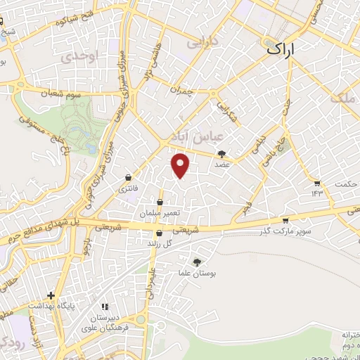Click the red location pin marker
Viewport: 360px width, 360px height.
[181, 165]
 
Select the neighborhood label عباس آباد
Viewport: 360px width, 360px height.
[191, 134]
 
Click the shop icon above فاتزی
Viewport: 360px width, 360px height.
[128, 177]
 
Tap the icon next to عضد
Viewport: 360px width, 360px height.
[222, 153]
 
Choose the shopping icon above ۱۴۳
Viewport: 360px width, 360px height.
[317, 182]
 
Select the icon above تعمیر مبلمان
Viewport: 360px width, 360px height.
[160, 202]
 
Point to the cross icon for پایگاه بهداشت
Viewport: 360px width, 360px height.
[50, 296]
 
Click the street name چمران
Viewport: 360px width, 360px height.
[181, 89]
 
